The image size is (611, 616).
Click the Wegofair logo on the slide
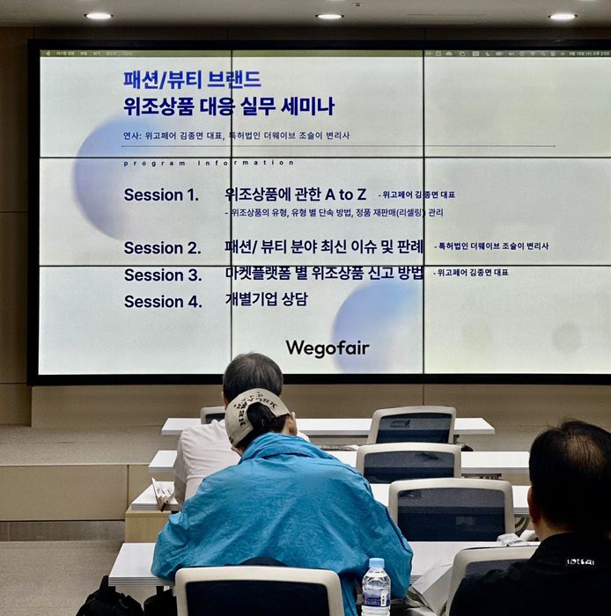click(x=328, y=348)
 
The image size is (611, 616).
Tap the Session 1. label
click(x=161, y=195)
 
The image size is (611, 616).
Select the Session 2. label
click(x=162, y=248)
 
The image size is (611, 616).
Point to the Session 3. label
click(x=162, y=275)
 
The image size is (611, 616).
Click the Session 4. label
click(x=162, y=302)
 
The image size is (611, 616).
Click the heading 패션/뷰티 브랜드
click(x=192, y=80)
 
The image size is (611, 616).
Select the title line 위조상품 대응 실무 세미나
click(x=229, y=107)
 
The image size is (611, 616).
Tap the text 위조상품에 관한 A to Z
click(x=295, y=194)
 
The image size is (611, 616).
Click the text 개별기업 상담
click(x=266, y=299)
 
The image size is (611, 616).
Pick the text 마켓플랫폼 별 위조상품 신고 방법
click(x=323, y=273)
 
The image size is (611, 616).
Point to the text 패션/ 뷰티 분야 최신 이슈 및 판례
click(x=322, y=246)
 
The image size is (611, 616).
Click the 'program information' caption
click(x=209, y=163)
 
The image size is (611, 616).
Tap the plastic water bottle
click(x=376, y=588)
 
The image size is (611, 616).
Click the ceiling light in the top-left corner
click(x=99, y=16)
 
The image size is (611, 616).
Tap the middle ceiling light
click(x=329, y=16)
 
